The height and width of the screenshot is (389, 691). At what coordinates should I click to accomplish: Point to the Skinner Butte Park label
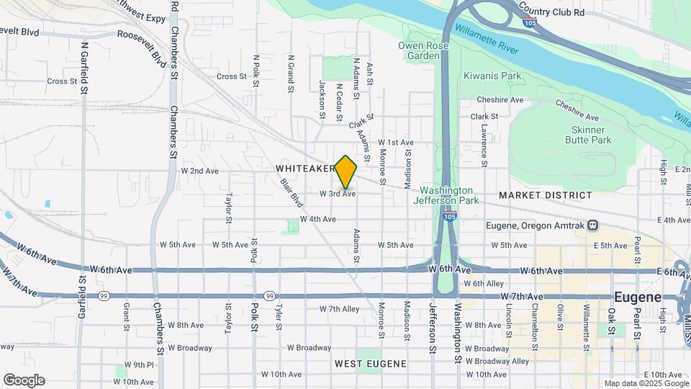click(592, 134)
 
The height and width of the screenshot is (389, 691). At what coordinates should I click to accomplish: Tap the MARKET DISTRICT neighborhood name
click(545, 195)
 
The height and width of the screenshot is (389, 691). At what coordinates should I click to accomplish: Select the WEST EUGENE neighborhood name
click(371, 364)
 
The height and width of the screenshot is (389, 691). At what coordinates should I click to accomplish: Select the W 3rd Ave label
click(338, 194)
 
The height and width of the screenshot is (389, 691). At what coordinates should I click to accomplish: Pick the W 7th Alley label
click(340, 309)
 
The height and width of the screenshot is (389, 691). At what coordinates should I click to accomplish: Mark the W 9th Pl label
click(139, 365)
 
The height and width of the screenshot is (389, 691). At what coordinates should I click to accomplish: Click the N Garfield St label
click(84, 68)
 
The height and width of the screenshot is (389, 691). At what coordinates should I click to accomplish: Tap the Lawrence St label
click(485, 144)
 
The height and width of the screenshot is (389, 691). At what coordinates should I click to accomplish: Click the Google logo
click(24, 380)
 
